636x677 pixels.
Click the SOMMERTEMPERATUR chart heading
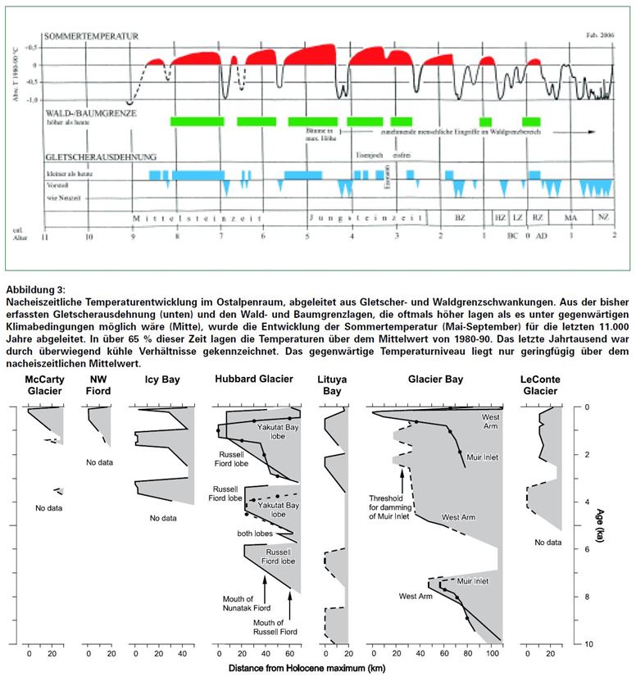point(90,37)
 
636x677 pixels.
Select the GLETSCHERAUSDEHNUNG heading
point(101,156)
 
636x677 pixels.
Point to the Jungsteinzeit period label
point(366,219)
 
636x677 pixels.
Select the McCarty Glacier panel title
point(43,385)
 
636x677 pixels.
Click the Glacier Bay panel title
point(434,379)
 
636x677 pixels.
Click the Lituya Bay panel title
point(334,385)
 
